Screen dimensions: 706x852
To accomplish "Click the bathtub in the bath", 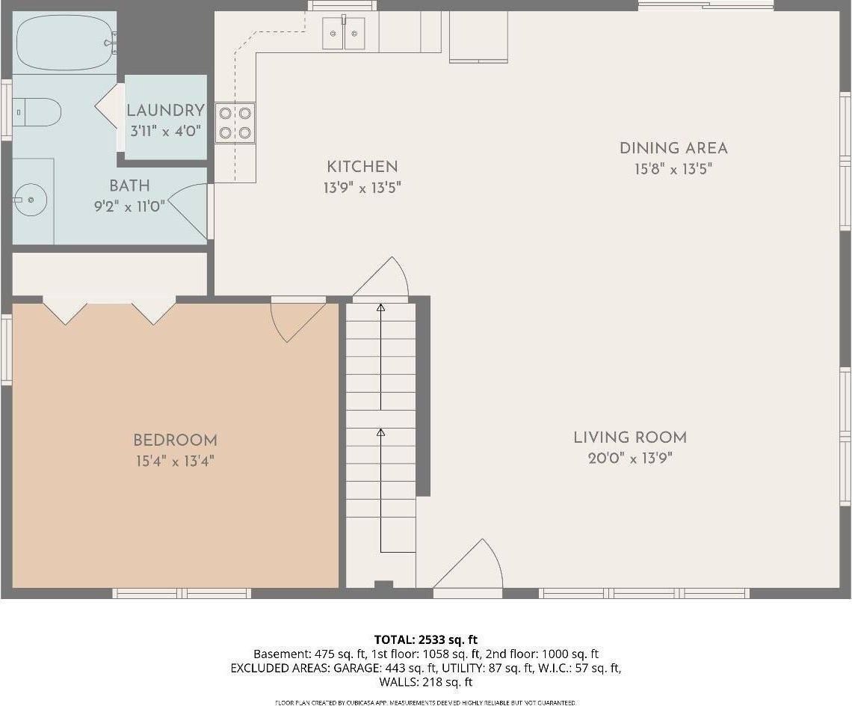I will pos(66,43).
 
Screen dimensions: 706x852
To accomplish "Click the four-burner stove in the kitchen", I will pos(235,123).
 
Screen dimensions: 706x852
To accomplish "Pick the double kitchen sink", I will pos(344,33).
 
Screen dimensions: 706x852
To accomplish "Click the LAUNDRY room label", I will pos(165,111).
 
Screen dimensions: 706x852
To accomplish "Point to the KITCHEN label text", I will pos(362,167).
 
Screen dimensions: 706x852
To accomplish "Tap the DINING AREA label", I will pos(673,148).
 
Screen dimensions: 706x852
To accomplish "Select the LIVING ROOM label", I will pos(629,438).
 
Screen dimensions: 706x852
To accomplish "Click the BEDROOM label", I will pos(175,441).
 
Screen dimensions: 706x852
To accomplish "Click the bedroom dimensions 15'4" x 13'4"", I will pos(175,461).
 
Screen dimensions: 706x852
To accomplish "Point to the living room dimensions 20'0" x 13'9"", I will pos(629,458).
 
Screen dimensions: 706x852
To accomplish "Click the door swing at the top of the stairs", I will pos(384,279).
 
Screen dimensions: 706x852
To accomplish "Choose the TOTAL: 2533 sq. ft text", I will pos(425,639).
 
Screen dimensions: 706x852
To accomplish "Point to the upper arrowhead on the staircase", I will pos(380,307).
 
